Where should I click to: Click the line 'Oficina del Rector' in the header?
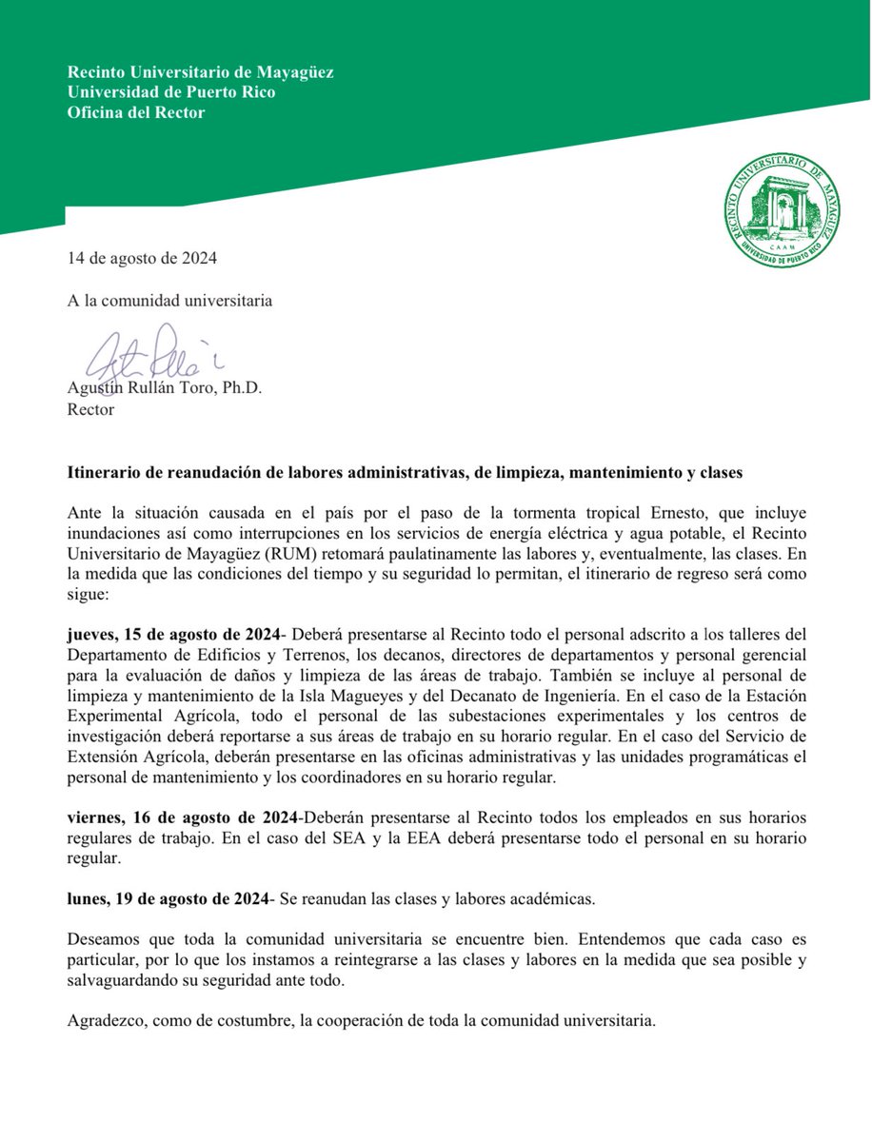136,112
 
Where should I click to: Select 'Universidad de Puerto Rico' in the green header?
171,92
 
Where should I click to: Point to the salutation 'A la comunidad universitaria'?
169,301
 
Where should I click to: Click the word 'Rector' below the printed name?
91,409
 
